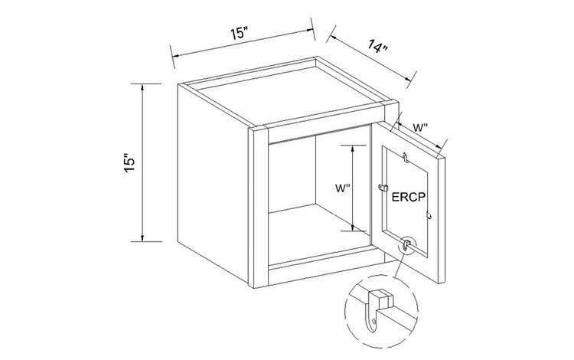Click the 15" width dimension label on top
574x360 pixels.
tap(240, 34)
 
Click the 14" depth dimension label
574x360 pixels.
tap(378, 47)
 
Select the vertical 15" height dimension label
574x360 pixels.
tap(130, 162)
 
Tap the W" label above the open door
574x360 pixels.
tap(421, 128)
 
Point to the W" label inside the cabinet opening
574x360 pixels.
tap(343, 188)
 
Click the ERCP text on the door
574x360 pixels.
tap(409, 197)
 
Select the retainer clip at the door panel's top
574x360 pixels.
tap(405, 157)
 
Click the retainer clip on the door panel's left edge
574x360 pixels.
tap(383, 188)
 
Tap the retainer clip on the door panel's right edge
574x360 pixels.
tap(429, 216)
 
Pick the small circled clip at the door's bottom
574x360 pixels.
tap(406, 244)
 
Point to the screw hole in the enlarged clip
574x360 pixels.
tap(373, 322)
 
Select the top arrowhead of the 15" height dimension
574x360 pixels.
tap(142, 87)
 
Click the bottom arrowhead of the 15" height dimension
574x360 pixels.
tap(142, 237)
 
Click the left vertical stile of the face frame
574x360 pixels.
tap(258, 206)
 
